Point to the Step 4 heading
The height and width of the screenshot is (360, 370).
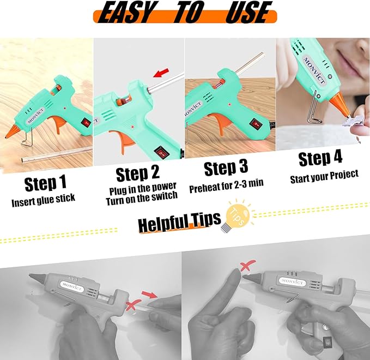tap(320, 159)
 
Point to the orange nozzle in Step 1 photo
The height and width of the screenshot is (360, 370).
tap(13, 130)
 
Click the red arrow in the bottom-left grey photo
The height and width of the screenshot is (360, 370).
tap(149, 296)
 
